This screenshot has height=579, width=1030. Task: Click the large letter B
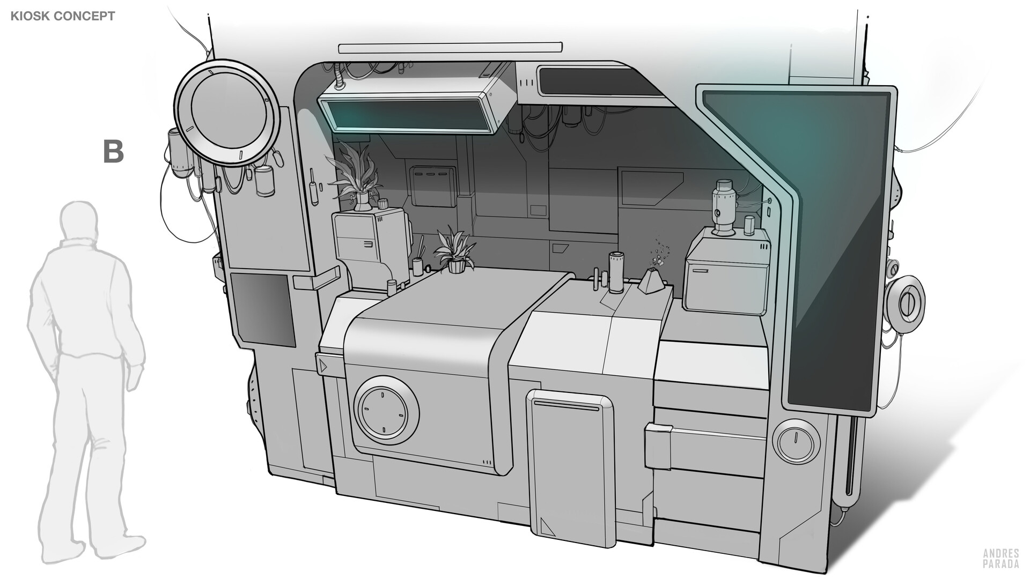coord(113,152)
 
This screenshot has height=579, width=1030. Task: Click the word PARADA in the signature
coord(1001,563)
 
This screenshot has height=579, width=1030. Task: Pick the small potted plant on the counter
coord(455,250)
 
